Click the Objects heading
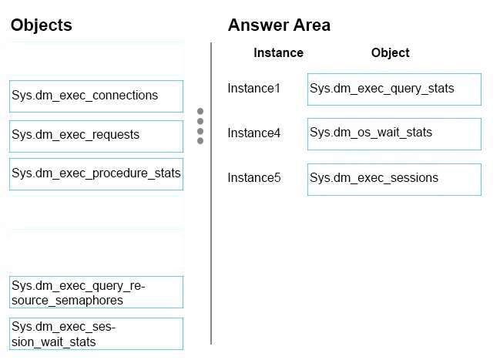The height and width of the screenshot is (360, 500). tap(42, 25)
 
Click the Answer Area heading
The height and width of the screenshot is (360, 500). tap(279, 25)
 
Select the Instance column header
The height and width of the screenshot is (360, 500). tap(278, 53)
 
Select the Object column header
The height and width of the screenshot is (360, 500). tap(391, 53)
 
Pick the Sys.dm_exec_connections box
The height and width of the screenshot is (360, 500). tap(96, 96)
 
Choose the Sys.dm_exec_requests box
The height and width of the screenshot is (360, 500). tap(96, 136)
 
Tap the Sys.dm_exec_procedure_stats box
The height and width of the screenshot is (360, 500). tap(96, 174)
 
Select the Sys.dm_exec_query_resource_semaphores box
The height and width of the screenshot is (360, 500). tap(96, 292)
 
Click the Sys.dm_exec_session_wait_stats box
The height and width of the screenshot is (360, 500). tap(96, 334)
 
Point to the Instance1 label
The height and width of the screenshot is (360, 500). tap(253, 89)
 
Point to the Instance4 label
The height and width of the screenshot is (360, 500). tap(253, 133)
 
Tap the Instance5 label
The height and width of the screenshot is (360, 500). tap(253, 178)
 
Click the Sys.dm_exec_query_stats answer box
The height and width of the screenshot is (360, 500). tap(394, 89)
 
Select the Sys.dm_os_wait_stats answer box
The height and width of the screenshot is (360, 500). tap(394, 134)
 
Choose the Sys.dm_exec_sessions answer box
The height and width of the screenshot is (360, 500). tap(394, 180)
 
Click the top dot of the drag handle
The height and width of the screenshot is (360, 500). tap(200, 111)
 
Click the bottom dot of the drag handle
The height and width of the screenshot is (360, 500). tap(200, 141)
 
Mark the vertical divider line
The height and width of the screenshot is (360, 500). tap(211, 193)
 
